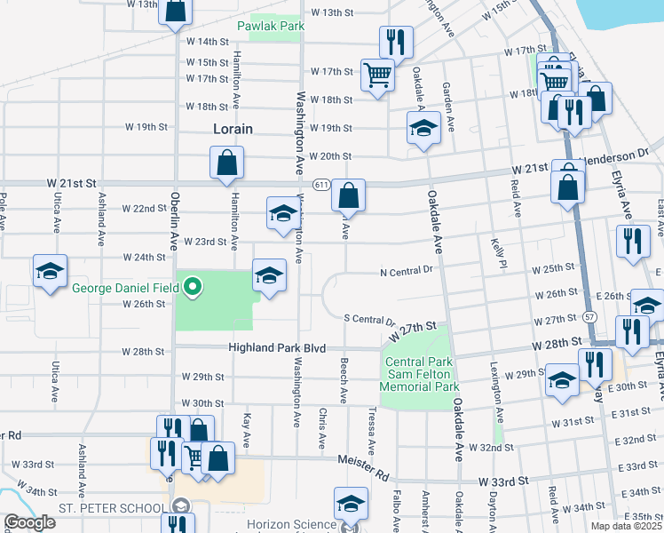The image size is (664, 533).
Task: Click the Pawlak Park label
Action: click(271, 26)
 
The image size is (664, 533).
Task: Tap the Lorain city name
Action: click(233, 129)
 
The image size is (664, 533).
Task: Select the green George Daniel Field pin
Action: click(192, 286)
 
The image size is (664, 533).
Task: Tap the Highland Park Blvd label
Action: click(277, 348)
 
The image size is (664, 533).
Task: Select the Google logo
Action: click(29, 522)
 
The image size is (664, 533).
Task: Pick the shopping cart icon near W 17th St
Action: click(377, 74)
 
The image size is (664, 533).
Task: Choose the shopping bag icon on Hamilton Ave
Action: click(227, 162)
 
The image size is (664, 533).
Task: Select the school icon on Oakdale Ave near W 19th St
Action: click(423, 127)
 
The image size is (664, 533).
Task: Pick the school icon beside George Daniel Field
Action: click(269, 274)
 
